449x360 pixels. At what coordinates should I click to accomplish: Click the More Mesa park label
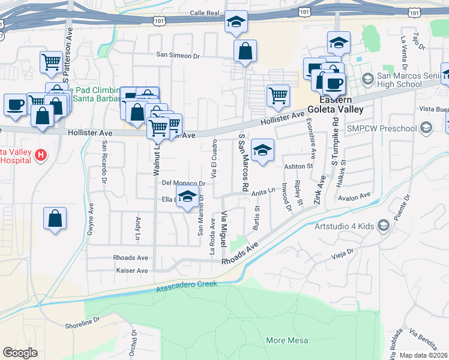(x=287, y=340)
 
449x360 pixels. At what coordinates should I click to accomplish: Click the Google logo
(x=20, y=353)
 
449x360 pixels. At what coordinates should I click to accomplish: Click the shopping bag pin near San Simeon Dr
(x=246, y=52)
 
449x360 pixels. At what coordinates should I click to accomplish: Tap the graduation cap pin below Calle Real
(x=237, y=23)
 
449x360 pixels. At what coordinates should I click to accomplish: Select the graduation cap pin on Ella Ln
(x=187, y=197)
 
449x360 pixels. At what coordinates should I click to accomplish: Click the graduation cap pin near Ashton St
(x=262, y=151)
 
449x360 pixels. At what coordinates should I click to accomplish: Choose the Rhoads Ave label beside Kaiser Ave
(x=131, y=257)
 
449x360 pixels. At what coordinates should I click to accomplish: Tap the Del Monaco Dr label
(x=184, y=182)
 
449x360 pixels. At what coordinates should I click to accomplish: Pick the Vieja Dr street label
(x=343, y=256)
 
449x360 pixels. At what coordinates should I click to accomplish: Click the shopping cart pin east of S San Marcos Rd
(x=278, y=95)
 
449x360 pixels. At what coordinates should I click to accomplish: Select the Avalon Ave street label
(x=355, y=197)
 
